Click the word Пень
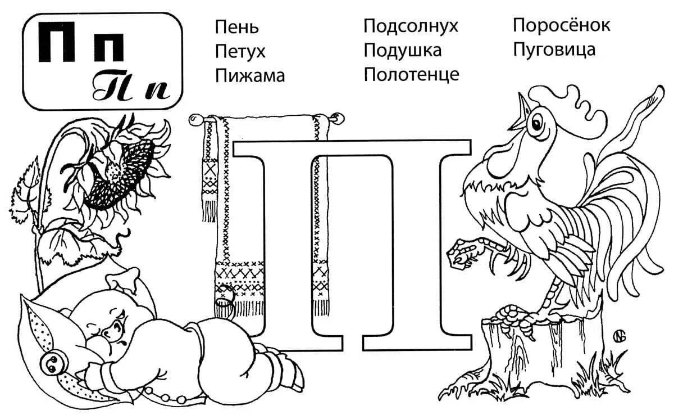tap(237, 27)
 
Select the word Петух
tap(240, 52)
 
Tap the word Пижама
tap(250, 75)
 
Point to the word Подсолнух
tap(411, 26)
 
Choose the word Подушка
tap(403, 50)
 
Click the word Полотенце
tap(411, 74)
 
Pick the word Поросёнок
tap(562, 25)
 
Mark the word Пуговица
tap(554, 49)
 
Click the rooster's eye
tap(536, 123)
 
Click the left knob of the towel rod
tap(195, 120)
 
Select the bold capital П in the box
tap(57, 42)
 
